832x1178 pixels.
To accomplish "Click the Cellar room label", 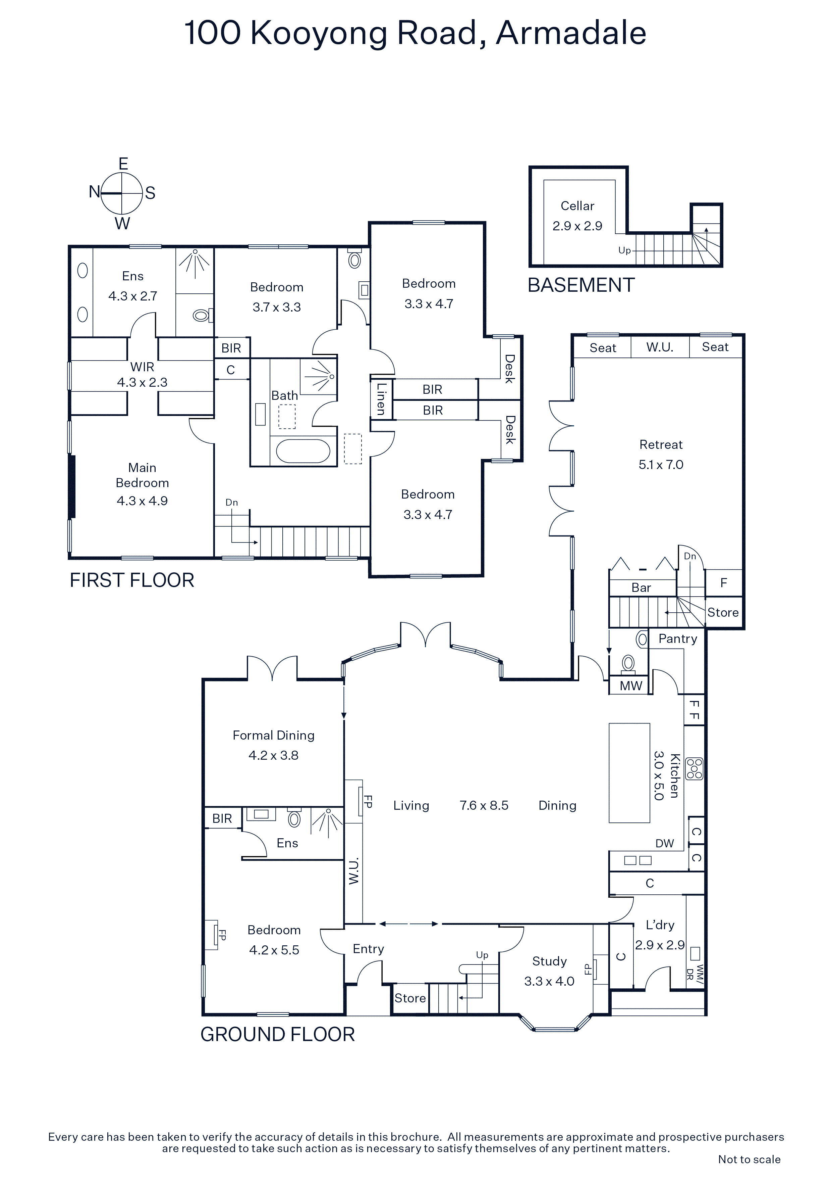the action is click(577, 206).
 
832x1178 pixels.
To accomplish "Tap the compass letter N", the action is click(94, 192).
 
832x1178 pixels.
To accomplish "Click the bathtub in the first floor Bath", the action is click(303, 451).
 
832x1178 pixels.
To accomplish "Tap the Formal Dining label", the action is click(273, 735).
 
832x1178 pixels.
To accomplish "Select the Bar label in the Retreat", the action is click(641, 587).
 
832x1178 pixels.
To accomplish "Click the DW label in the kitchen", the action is click(664, 844).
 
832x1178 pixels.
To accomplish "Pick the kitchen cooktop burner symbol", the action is click(694, 768).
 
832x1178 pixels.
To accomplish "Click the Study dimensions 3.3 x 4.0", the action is click(549, 981).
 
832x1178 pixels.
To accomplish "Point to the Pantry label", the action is click(678, 639).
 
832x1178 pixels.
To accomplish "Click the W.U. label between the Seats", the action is click(660, 347).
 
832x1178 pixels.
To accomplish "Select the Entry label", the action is click(368, 949).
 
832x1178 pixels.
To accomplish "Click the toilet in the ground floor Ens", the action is click(294, 818).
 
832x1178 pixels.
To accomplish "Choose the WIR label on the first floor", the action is click(142, 367).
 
